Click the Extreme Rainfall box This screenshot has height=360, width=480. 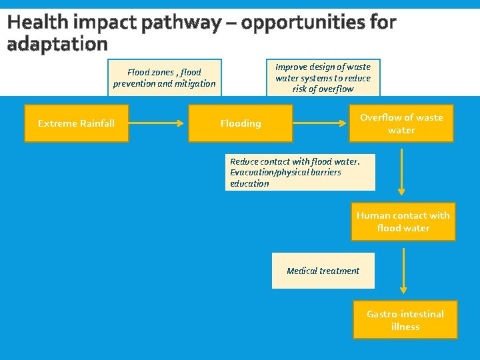click(76, 123)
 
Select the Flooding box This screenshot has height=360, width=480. click(240, 123)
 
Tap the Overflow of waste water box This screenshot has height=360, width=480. click(401, 123)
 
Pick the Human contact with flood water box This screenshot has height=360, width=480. click(403, 221)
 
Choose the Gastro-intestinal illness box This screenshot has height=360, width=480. click(405, 320)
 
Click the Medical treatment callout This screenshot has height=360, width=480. click(323, 271)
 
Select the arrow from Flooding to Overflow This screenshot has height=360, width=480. click(321, 123)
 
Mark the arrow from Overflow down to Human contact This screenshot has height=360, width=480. click(401, 171)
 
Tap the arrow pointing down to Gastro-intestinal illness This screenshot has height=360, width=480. click(403, 271)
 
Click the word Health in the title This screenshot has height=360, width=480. click(39, 23)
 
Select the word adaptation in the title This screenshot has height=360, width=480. click(57, 44)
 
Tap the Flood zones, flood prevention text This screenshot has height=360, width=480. click(164, 78)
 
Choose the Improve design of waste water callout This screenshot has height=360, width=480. click(323, 77)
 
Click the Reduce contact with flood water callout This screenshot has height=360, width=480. click(300, 172)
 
